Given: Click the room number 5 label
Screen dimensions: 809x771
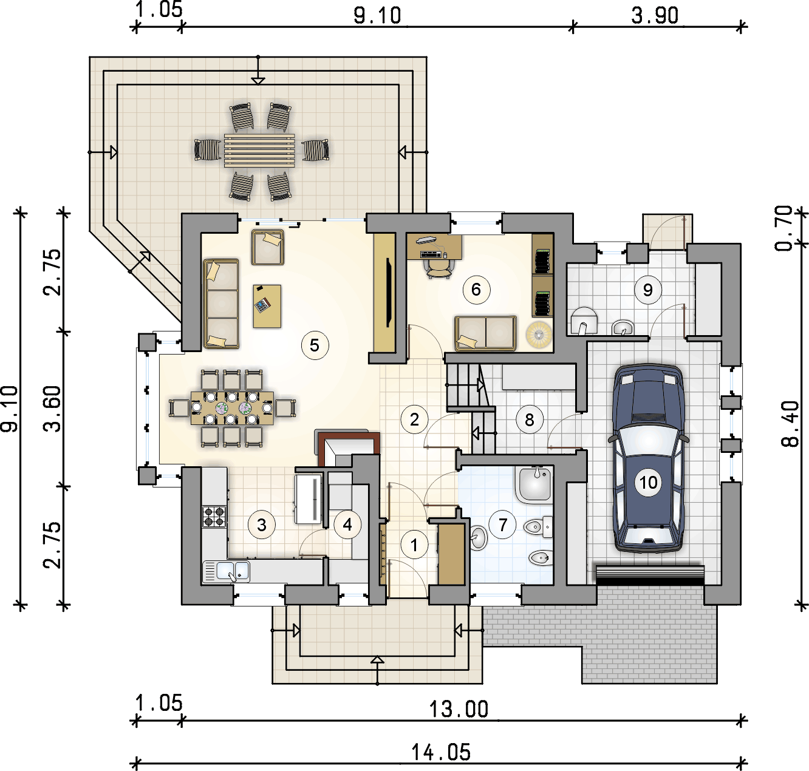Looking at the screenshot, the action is click(315, 345).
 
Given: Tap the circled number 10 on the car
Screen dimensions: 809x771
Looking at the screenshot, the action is click(648, 482).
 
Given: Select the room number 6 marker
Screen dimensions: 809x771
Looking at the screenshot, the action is click(476, 290).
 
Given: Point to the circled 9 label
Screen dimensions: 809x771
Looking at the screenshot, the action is click(647, 290).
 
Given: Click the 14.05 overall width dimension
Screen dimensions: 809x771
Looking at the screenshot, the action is click(441, 752).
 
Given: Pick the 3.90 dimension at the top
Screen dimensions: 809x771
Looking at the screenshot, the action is click(655, 16).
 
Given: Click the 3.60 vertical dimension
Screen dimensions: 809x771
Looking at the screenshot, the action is click(52, 408).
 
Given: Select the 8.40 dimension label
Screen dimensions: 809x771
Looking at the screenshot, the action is click(790, 424).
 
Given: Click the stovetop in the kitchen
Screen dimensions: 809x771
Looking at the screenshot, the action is click(214, 517).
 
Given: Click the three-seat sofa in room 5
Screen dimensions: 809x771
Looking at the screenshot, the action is click(221, 304).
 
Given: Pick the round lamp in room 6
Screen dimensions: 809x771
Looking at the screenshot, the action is click(539, 335).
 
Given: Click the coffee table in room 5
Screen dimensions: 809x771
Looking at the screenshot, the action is click(267, 307).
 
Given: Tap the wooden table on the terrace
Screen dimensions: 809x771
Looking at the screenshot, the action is click(260, 151).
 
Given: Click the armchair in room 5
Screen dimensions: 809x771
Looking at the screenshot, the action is click(268, 247).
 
